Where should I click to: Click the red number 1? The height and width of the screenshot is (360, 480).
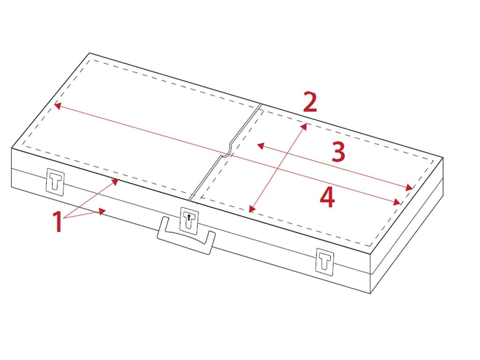(x=58, y=221)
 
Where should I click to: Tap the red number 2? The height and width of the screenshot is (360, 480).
(x=310, y=101)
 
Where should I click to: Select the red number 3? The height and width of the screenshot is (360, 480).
(x=338, y=151)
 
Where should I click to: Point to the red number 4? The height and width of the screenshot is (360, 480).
(x=327, y=197)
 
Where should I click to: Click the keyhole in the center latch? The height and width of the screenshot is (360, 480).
(x=189, y=217)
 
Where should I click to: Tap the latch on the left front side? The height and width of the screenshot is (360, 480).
(x=55, y=181)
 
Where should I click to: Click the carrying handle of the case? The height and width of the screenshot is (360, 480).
(x=186, y=235)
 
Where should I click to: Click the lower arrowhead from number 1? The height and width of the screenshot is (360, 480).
(x=102, y=211)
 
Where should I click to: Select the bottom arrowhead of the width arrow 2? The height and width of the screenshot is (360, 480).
(x=252, y=209)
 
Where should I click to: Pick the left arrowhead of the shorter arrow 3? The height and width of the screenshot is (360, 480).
(x=261, y=146)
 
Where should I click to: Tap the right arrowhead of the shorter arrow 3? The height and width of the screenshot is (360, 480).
(x=409, y=187)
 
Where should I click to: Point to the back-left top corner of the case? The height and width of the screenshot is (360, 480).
(x=90, y=53)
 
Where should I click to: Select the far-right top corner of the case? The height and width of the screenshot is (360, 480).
(x=443, y=158)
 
